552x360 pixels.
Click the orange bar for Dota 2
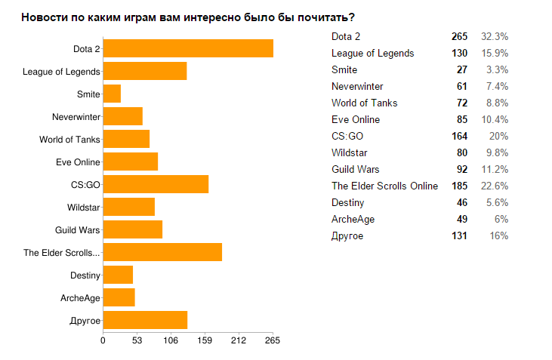click(188, 48)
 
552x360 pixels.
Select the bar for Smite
click(112, 94)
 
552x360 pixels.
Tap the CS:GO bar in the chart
click(156, 184)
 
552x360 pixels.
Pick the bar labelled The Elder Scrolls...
click(162, 252)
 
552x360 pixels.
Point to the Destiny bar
click(118, 275)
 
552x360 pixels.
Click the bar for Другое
click(145, 320)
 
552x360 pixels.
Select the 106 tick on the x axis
click(171, 340)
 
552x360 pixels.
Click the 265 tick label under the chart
click(273, 340)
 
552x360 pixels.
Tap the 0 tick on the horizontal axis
click(103, 340)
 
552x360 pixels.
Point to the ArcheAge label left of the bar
click(81, 298)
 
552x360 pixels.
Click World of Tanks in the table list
click(364, 103)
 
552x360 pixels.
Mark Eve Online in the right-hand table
click(355, 119)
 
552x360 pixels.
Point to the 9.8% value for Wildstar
click(495, 152)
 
